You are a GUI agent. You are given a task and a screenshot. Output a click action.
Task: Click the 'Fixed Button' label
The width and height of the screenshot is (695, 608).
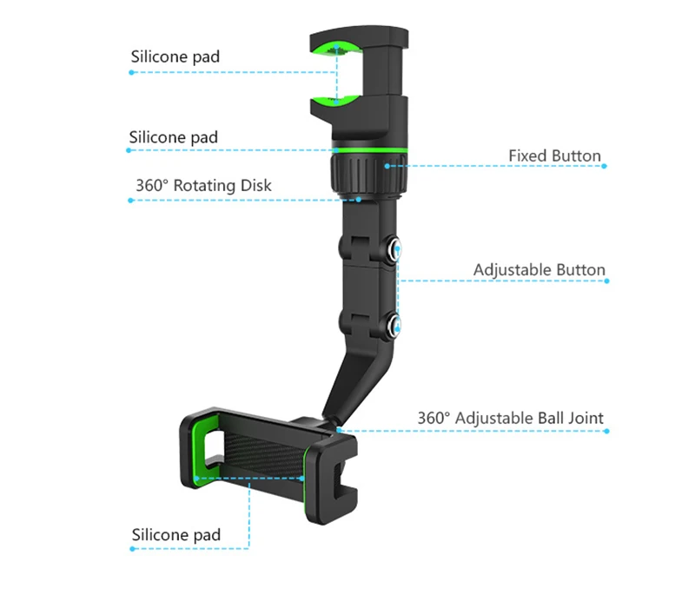(554, 156)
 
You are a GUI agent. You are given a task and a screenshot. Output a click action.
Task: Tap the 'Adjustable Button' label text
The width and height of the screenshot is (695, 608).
(539, 270)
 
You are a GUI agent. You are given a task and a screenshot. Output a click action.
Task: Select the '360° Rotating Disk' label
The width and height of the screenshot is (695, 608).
(203, 185)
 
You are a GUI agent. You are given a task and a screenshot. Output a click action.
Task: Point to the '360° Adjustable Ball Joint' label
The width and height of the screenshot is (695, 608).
(510, 418)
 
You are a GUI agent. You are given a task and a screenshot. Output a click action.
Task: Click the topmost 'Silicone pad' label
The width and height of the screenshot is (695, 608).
(175, 56)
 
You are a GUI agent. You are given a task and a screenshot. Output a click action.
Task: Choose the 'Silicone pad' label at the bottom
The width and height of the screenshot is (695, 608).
(175, 534)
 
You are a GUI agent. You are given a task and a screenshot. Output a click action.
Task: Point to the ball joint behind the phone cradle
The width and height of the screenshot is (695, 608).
(334, 423)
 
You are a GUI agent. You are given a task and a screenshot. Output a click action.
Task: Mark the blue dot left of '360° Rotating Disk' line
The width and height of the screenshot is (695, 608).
(130, 201)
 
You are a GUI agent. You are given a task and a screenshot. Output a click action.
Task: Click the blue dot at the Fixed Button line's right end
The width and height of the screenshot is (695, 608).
(603, 166)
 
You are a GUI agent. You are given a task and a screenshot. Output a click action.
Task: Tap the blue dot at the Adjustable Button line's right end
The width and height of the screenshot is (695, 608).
(606, 281)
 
